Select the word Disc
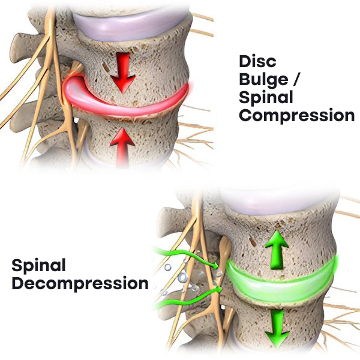[x=257, y=61]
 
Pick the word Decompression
[x=80, y=283]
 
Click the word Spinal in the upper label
[x=266, y=97]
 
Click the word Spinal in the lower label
[x=38, y=265]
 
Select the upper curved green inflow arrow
[x=186, y=256]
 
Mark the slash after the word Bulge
[x=300, y=79]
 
